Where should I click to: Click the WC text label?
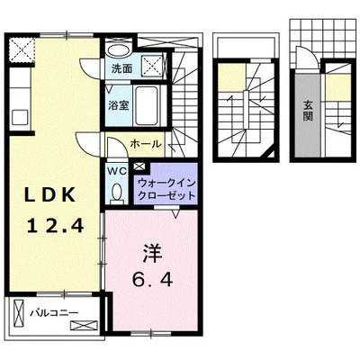(117, 169)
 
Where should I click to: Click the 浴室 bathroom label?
(119, 104)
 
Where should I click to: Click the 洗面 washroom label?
(122, 67)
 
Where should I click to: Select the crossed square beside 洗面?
(153, 64)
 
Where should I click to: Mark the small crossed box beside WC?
(138, 167)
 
